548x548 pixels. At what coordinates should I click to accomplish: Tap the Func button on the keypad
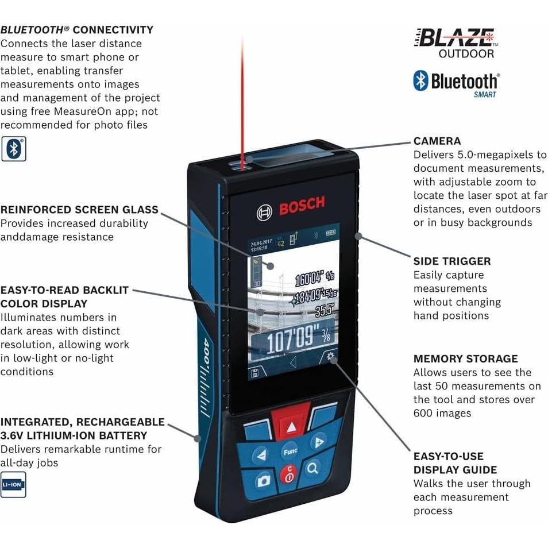290,451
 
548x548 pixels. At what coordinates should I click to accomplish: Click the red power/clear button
288,475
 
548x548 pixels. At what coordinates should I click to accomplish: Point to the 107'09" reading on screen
292,341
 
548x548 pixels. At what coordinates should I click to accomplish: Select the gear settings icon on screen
330,357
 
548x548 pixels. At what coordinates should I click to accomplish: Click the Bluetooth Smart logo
456,83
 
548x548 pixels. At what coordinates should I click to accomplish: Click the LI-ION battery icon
13,484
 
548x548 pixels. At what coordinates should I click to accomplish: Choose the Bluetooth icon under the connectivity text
13,148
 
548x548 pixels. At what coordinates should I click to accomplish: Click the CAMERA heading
437,141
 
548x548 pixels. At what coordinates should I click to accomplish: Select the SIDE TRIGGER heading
452,261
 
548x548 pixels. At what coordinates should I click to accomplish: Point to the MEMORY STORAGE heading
465,358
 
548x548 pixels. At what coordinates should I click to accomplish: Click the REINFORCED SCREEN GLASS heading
79,210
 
